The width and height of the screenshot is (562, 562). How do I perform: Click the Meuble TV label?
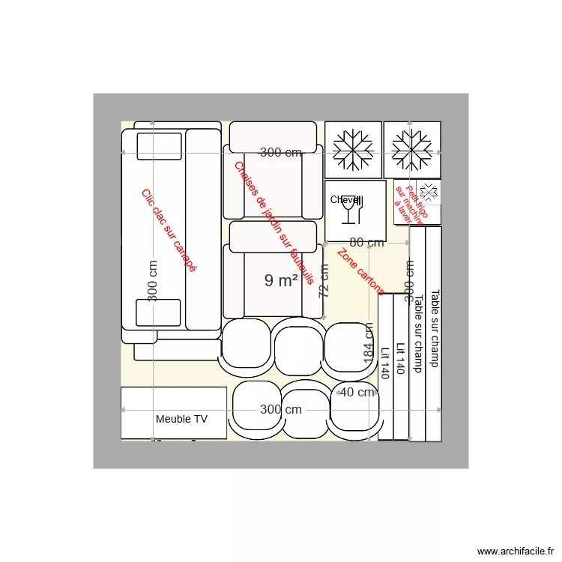pos(181,420)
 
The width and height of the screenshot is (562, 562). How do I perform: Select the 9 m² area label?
pos(281,280)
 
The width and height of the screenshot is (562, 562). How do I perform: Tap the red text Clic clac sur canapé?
pos(169,230)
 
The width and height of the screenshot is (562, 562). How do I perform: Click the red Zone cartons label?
pos(361,271)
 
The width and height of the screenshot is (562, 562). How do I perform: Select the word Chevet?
pos(345,200)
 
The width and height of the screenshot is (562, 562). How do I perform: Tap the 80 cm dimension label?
pos(366,242)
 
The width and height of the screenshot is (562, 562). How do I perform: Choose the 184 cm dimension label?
pos(369,345)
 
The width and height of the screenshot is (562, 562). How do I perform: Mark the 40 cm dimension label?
pos(357,392)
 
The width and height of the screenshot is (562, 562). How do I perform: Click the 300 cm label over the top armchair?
pos(281,153)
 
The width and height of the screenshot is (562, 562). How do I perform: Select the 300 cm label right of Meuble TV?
pos(281,409)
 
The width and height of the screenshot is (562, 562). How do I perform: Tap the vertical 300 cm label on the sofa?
pos(153,281)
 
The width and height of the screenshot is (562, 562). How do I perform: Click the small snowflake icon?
pos(429,190)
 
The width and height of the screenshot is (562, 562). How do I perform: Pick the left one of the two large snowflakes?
pos(354,149)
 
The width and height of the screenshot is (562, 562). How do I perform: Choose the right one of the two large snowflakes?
pos(412,149)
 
